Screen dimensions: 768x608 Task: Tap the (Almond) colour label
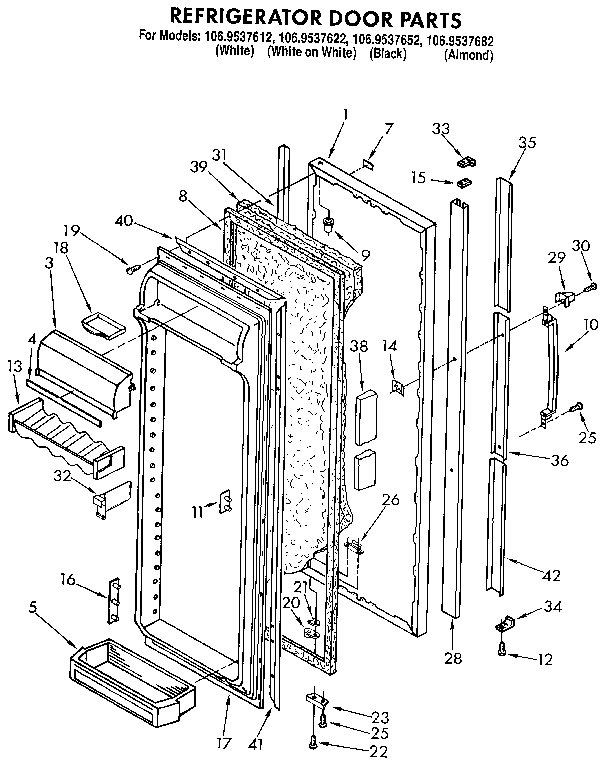(x=468, y=55)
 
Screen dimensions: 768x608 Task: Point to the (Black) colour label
(x=387, y=54)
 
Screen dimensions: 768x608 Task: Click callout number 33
(x=440, y=127)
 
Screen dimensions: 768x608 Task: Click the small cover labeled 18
(x=99, y=321)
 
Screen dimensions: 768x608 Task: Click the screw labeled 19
(x=131, y=266)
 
